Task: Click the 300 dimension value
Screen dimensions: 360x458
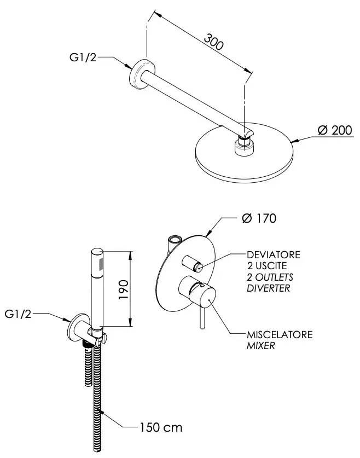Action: point(214,42)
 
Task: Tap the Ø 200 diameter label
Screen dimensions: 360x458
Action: point(335,130)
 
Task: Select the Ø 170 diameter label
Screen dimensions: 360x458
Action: point(259,218)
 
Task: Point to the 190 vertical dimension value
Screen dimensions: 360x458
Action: point(124,289)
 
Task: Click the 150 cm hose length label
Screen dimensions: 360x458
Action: point(161,427)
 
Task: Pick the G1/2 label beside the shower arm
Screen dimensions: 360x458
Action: point(83,57)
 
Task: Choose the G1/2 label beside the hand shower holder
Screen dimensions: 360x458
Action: point(18,314)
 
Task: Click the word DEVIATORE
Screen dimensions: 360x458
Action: point(274,254)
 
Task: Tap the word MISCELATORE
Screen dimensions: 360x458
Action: point(280,334)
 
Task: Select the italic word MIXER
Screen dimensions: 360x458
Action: point(261,346)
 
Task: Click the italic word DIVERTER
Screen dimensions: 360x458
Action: point(268,288)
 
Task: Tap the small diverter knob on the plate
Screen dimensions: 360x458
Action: point(192,263)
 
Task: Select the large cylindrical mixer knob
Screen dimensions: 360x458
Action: point(198,292)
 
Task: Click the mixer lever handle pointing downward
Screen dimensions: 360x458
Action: point(202,318)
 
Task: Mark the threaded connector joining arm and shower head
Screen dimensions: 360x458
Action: point(245,144)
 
